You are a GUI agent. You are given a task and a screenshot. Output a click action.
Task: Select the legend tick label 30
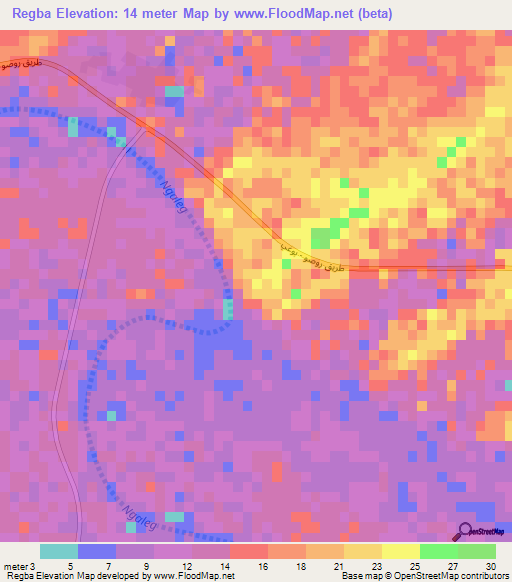490,565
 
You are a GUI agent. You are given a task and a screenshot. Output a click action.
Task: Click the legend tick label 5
70,565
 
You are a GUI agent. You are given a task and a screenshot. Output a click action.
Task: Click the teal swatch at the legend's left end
59,551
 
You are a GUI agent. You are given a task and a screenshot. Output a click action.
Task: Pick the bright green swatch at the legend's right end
477,551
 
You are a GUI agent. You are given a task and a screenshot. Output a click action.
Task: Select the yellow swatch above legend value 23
363,551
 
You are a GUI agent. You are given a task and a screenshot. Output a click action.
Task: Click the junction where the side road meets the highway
148,127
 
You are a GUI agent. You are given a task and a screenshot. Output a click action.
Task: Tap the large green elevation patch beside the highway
322,237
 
